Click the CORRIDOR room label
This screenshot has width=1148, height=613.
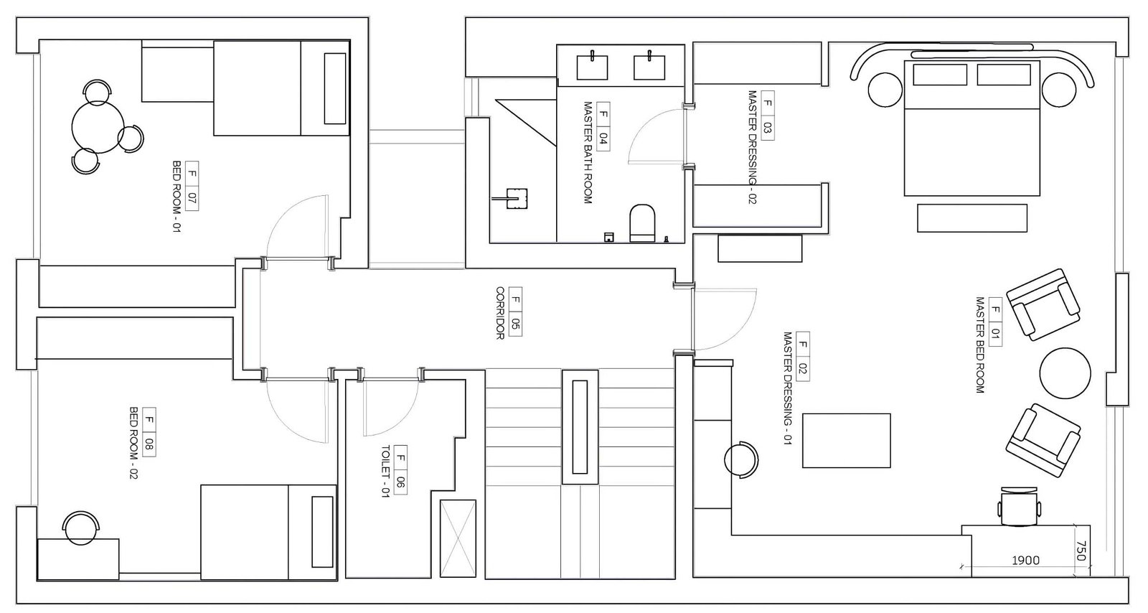500,313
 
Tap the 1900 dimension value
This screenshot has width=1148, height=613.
1025,561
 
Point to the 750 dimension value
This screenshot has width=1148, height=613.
1081,551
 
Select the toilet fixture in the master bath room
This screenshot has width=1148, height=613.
642,223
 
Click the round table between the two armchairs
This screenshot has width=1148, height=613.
1065,373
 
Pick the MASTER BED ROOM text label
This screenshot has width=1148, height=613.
980,345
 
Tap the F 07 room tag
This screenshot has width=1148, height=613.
192,185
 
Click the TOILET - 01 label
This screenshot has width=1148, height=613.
385,472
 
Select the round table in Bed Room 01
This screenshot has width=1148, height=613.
98,127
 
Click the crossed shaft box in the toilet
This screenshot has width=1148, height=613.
458,538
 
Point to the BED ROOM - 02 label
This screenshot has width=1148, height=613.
133,444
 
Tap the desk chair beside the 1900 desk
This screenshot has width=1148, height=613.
1019,507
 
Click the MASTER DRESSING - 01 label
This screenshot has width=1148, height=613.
788,388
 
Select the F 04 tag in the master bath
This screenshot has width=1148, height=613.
603,126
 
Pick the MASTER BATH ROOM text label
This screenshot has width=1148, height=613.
588,153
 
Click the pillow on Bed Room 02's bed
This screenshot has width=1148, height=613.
322,531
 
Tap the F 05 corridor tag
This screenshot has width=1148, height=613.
516,311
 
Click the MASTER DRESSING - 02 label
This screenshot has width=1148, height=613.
752,148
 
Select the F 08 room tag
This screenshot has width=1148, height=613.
149,432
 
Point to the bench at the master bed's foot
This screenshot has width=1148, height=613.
972,217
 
